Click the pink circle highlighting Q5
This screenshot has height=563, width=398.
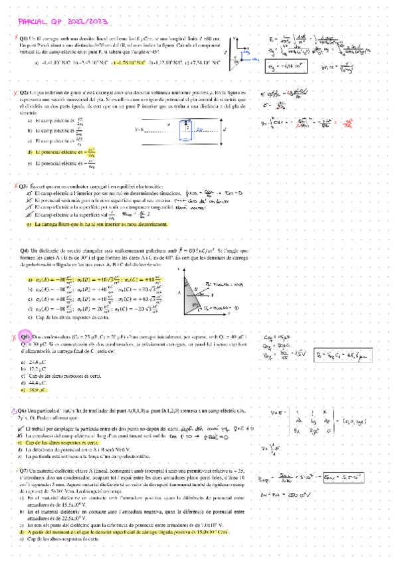pos(25,337)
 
